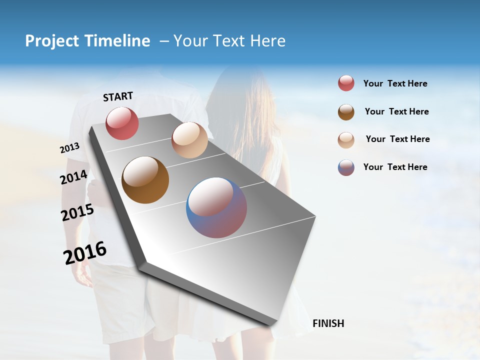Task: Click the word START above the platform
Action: (118, 96)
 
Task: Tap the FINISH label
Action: (328, 323)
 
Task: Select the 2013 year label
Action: (69, 148)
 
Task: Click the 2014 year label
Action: (73, 177)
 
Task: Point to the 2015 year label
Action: (77, 212)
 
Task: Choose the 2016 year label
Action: (85, 253)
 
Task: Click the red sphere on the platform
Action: (122, 123)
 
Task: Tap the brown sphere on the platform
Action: (145, 180)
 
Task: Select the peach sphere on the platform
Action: (189, 140)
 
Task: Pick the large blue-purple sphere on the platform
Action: (216, 207)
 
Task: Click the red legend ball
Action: (346, 83)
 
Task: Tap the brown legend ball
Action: (346, 112)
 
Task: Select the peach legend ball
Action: (346, 140)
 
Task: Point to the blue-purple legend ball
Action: (346, 167)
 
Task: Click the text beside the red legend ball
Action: (395, 84)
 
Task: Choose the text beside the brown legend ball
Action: (396, 111)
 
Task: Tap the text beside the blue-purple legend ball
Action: (395, 167)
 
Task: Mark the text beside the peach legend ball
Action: (397, 139)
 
